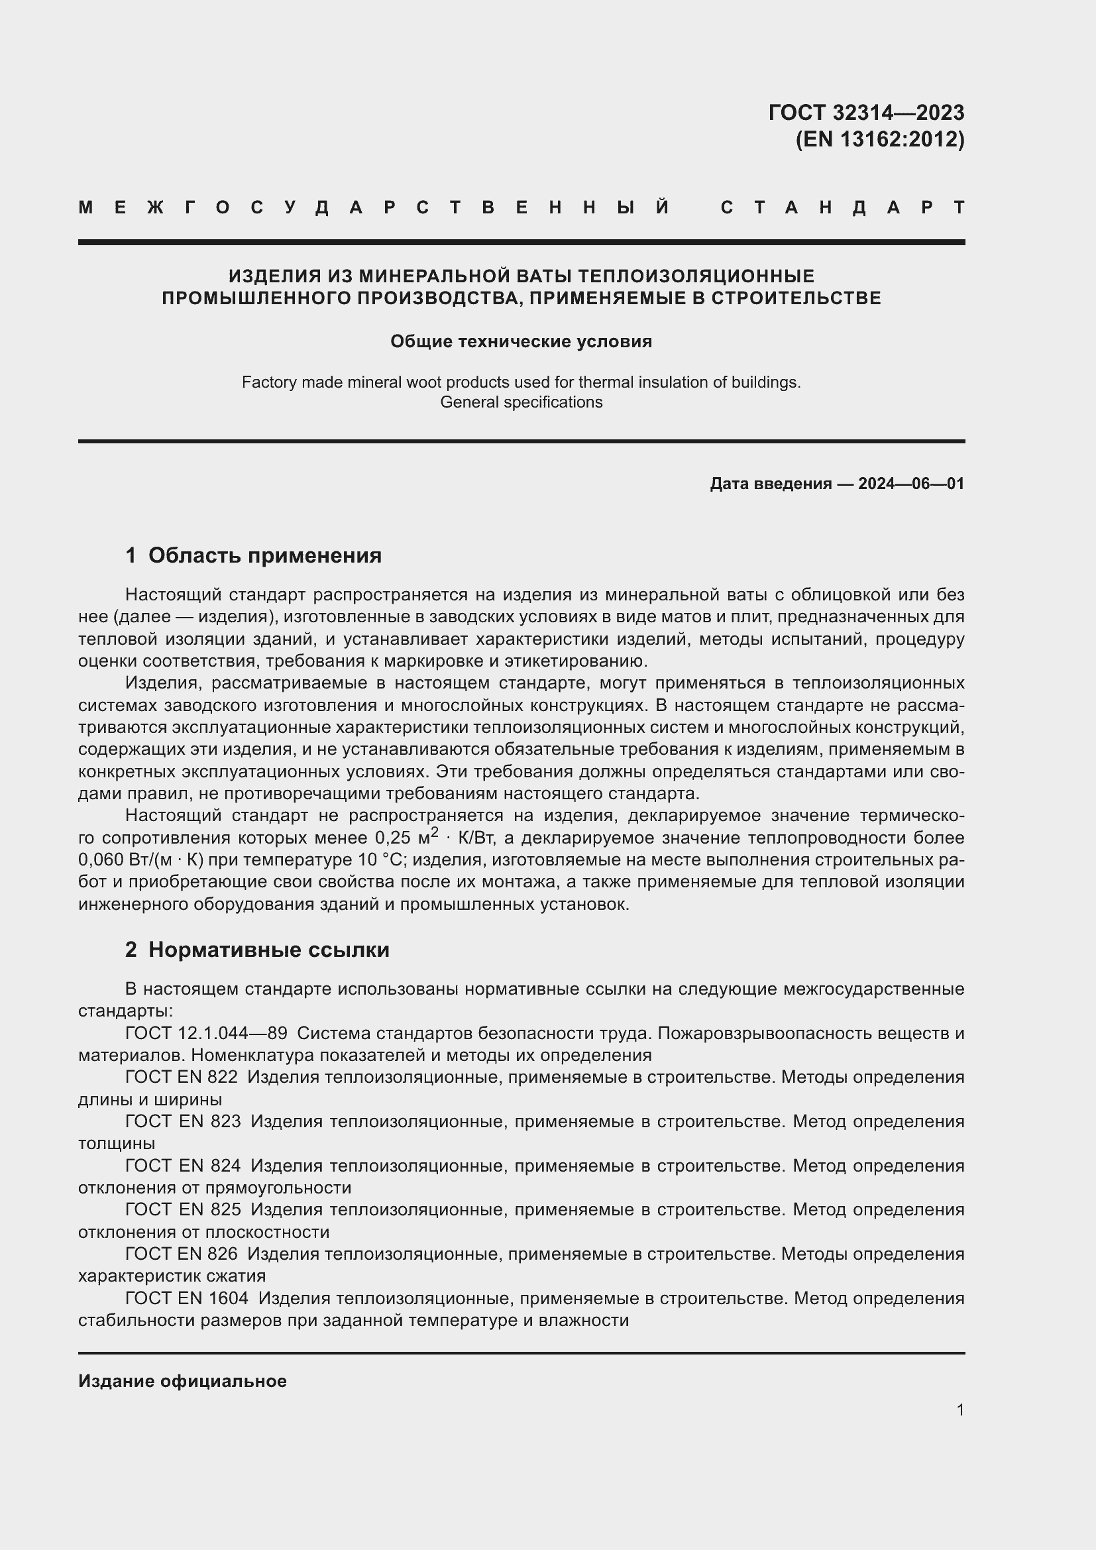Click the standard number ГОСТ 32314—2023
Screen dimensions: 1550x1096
pos(866,112)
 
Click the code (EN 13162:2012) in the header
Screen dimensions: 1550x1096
pos(879,139)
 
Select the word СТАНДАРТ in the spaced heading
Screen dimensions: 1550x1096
pos(842,207)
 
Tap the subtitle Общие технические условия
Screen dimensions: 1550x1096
pos(521,341)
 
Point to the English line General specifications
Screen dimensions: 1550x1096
pos(521,402)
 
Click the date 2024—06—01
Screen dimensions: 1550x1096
pos(910,483)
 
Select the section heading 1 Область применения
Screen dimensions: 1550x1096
pos(253,555)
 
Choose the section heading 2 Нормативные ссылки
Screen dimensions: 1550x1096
pos(257,949)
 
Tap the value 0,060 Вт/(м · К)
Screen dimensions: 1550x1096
pos(141,860)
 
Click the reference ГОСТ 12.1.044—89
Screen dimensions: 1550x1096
pos(206,1033)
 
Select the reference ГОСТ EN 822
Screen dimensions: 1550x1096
pos(181,1077)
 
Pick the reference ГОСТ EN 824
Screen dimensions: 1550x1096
pos(182,1165)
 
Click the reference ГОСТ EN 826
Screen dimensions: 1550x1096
pos(181,1254)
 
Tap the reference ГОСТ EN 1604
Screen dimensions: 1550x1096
pos(186,1298)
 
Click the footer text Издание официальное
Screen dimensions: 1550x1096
pos(182,1381)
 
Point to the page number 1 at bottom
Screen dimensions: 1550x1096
pos(959,1410)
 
